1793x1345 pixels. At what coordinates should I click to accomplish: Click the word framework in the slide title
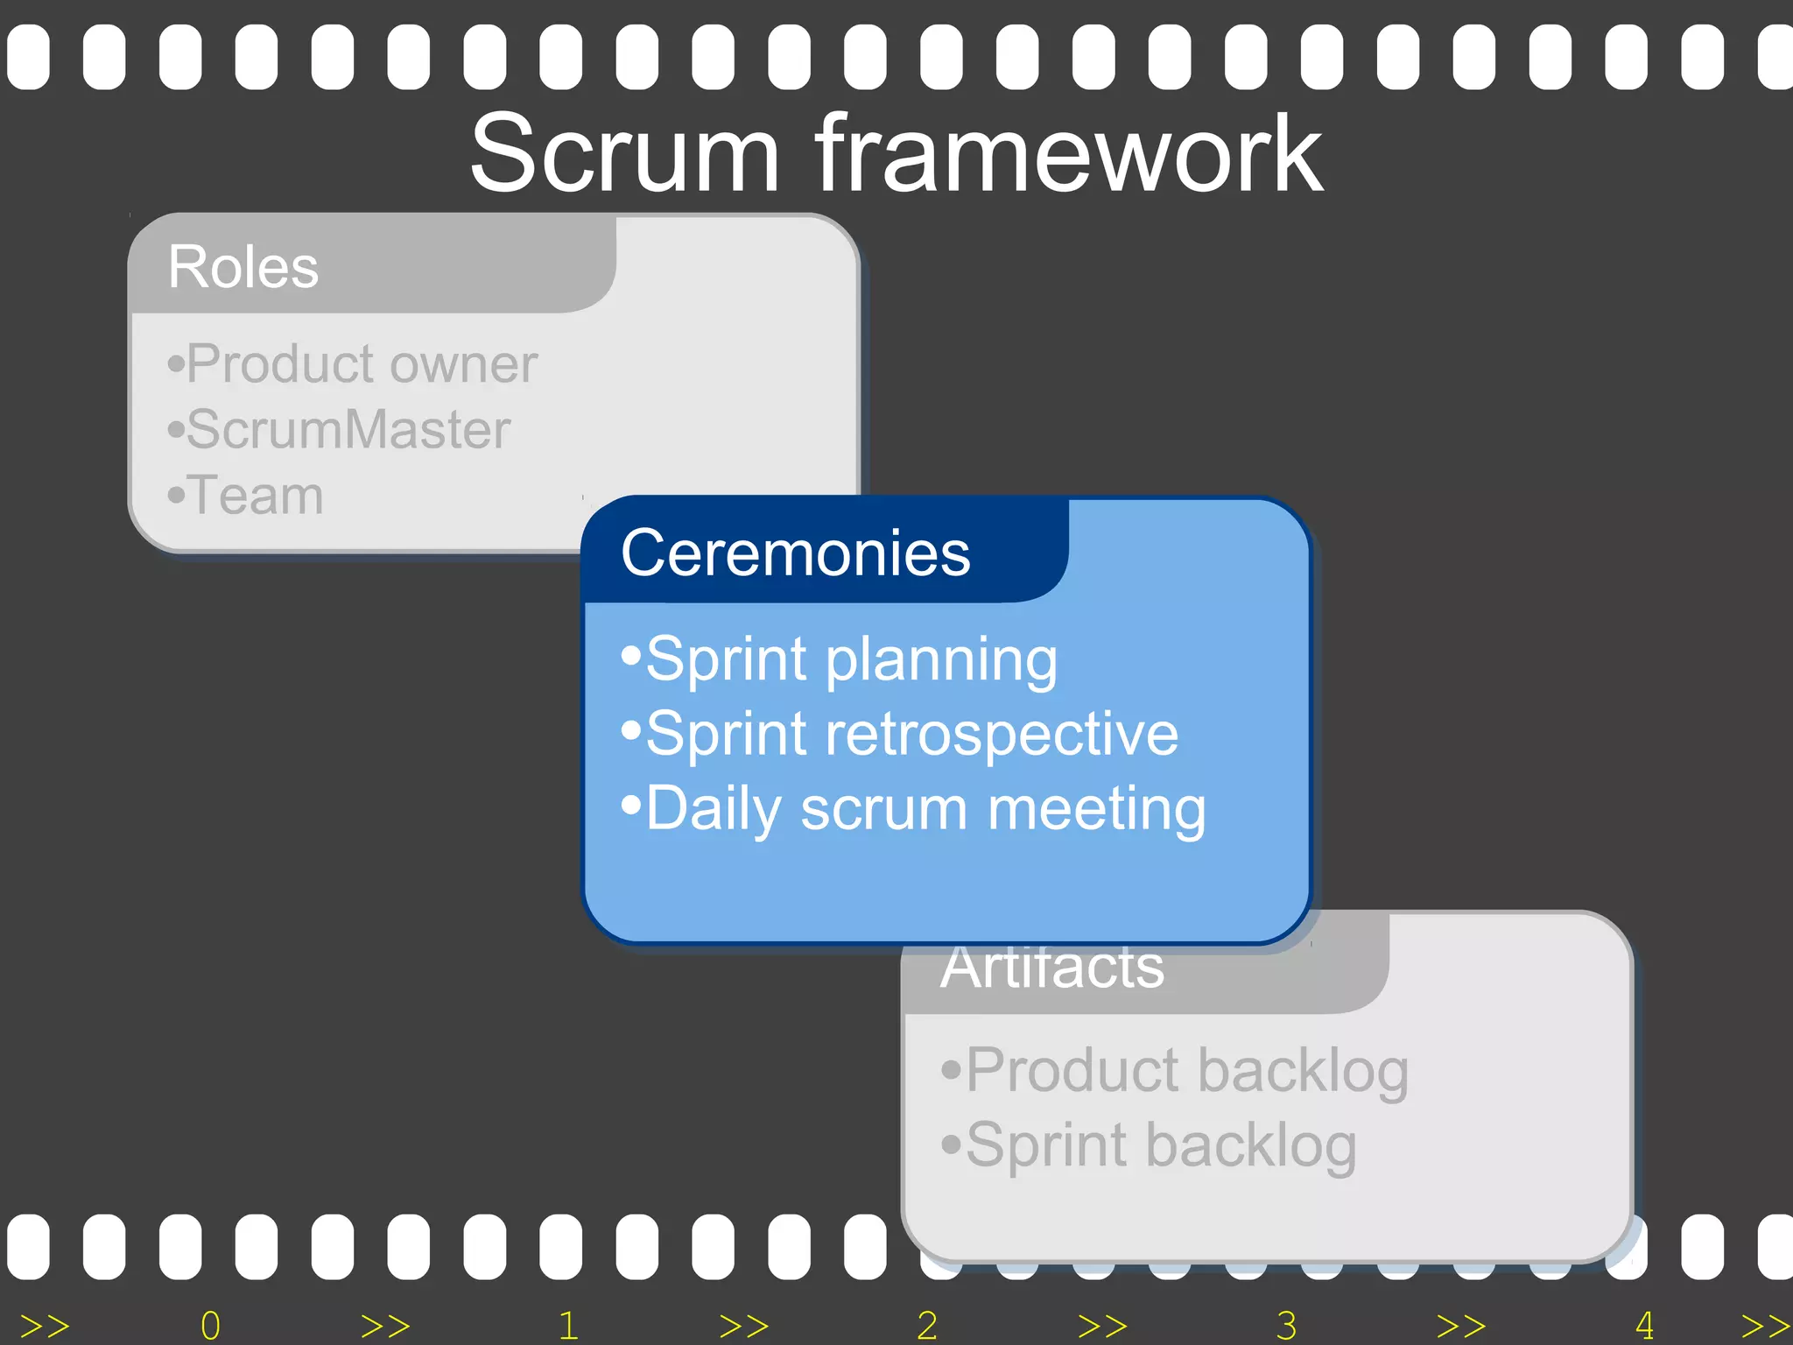1070,155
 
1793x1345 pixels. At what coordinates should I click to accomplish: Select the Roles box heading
243,266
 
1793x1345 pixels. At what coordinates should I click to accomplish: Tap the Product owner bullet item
352,363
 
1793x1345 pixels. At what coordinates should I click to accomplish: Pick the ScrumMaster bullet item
340,430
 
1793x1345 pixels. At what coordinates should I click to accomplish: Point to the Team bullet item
246,496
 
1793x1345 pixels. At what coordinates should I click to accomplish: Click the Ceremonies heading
795,553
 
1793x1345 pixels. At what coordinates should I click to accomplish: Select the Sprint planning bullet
840,658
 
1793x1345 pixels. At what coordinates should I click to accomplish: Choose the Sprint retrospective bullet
900,734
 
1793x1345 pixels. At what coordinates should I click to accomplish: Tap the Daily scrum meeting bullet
914,808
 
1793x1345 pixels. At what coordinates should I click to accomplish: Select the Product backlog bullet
1175,1070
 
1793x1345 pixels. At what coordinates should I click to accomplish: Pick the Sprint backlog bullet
1149,1145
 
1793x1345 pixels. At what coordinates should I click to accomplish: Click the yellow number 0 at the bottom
210,1326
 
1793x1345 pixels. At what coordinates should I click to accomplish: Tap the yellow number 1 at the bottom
568,1326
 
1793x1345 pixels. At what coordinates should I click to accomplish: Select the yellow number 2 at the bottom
927,1326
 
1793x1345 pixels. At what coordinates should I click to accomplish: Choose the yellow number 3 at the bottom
1286,1326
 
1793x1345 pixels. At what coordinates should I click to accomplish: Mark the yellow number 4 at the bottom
1644,1326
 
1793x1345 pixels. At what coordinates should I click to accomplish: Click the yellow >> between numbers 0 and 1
385,1326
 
